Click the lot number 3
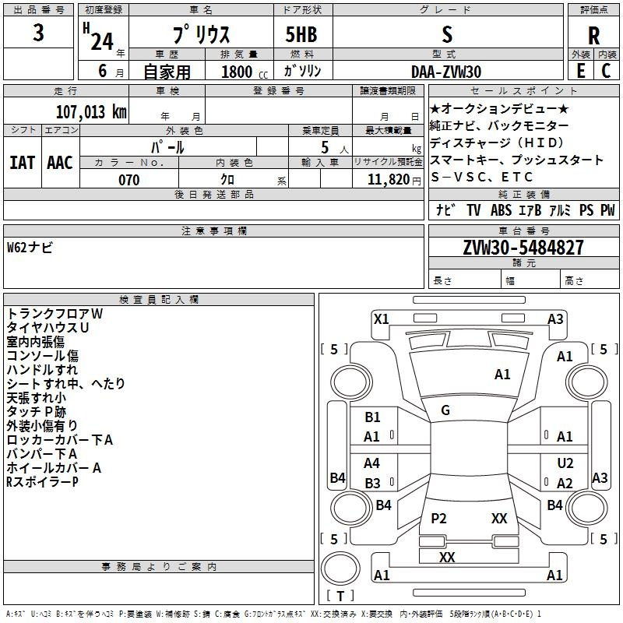[x=38, y=33]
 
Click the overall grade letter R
[x=593, y=36]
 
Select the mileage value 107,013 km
[x=91, y=111]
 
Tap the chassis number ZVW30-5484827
[x=523, y=247]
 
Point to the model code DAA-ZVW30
[x=446, y=72]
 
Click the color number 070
[x=128, y=180]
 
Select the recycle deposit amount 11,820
[x=388, y=180]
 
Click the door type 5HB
[x=301, y=34]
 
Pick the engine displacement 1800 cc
[x=245, y=72]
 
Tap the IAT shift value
[x=22, y=163]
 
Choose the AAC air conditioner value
[x=60, y=163]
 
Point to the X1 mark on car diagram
[x=382, y=319]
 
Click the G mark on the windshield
[x=445, y=410]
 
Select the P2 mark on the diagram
[x=438, y=518]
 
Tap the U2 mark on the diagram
[x=565, y=463]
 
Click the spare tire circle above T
[x=340, y=568]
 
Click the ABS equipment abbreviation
[x=501, y=210]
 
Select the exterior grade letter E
[x=580, y=71]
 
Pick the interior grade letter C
[x=606, y=71]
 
